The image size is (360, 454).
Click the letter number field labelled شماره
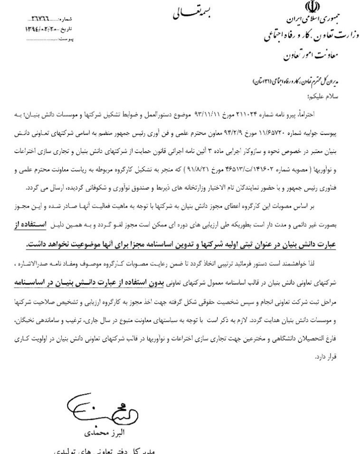click(52, 19)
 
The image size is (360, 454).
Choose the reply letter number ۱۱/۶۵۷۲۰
click(284, 128)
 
